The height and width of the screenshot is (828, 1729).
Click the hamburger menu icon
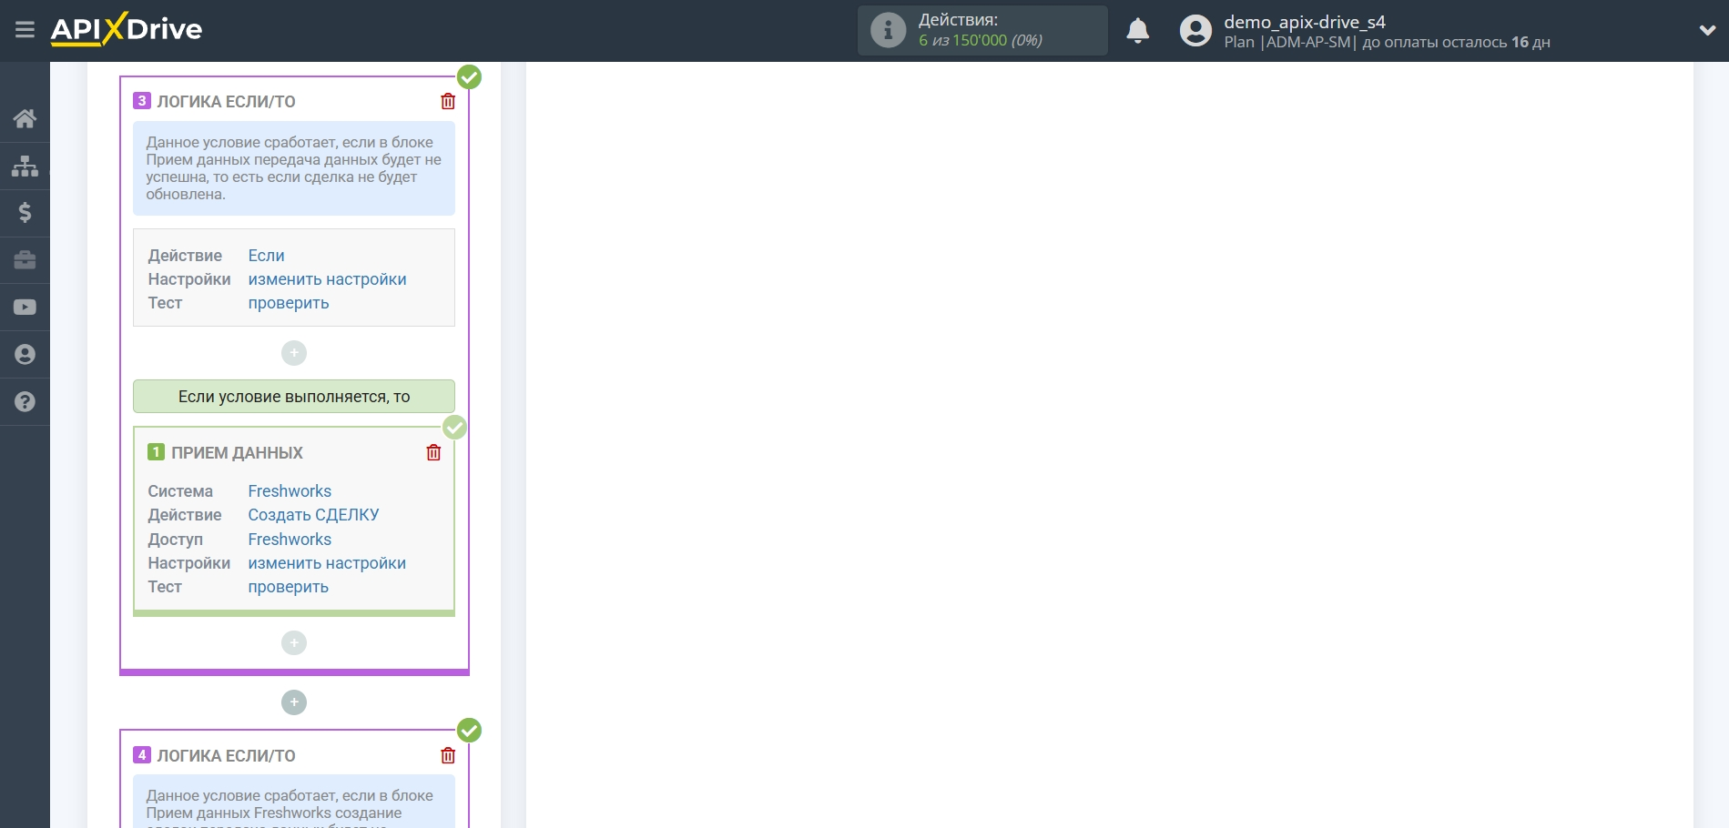tap(25, 30)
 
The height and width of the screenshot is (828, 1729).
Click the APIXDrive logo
tap(127, 29)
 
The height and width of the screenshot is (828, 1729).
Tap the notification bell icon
tap(1137, 31)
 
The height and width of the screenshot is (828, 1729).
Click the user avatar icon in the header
tap(1195, 31)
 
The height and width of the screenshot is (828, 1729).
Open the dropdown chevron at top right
tap(1707, 30)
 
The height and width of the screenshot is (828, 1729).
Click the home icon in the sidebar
tap(25, 118)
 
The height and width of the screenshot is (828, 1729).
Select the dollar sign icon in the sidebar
tap(25, 213)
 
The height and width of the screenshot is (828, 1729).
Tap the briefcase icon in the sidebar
tap(25, 260)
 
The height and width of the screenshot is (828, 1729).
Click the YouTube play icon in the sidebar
tap(25, 308)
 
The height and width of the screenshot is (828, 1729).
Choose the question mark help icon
tap(25, 402)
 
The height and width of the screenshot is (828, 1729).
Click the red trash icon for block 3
tap(448, 101)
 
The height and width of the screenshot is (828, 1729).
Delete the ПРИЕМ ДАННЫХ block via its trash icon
tap(433, 452)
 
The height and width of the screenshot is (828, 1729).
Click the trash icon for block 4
tap(448, 755)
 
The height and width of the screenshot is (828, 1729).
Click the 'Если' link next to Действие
tap(266, 256)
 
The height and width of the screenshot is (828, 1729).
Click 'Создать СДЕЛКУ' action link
tap(313, 515)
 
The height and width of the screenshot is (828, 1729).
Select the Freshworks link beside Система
tap(290, 491)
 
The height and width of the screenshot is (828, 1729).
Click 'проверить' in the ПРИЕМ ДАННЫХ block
tap(288, 587)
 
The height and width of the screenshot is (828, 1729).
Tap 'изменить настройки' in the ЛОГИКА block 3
tap(327, 279)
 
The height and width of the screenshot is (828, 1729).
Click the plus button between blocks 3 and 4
tap(294, 702)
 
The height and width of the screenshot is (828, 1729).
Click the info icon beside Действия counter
tap(888, 31)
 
